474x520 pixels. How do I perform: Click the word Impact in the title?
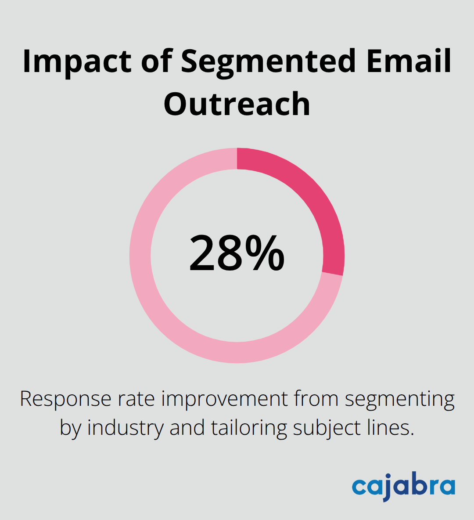point(77,61)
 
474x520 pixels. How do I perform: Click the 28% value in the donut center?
point(237,253)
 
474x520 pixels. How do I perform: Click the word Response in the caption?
point(65,399)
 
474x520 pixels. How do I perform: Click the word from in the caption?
point(316,399)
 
